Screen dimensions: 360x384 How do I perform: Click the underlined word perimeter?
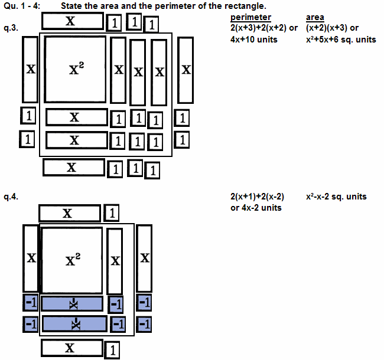tap(250, 18)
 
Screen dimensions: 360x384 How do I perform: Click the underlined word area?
tap(316, 18)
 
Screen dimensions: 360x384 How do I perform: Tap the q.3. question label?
tap(11, 28)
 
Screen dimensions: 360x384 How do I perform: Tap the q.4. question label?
tap(11, 197)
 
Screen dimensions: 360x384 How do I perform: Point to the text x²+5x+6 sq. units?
tap(341, 39)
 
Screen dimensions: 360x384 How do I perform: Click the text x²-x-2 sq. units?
tap(336, 197)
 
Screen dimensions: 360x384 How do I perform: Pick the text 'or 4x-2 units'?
tap(256, 208)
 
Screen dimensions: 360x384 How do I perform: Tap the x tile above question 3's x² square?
tap(71, 21)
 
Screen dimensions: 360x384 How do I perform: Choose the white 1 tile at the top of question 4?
tap(113, 213)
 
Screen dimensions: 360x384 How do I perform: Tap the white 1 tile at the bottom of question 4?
tap(113, 349)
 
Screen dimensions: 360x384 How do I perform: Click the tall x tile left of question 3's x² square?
tap(30, 70)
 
